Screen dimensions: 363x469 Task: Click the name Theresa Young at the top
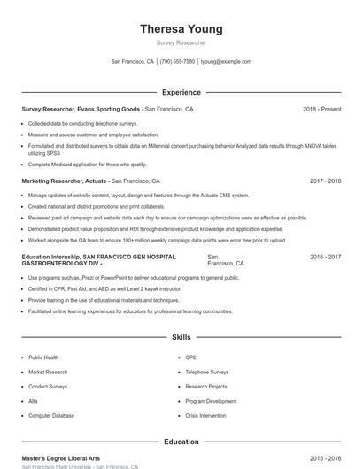[181, 29]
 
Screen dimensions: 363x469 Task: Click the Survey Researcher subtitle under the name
[181, 42]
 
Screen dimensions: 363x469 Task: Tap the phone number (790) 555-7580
[177, 62]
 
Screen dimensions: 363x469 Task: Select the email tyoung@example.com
[227, 62]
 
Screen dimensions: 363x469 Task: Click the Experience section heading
[181, 92]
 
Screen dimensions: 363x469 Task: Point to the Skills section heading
[181, 337]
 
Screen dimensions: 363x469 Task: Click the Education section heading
[181, 442]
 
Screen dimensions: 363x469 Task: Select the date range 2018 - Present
[321, 109]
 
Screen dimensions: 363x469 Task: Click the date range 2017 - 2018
[325, 181]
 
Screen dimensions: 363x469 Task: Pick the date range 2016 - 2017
[325, 257]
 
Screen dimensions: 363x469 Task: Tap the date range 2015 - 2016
[325, 458]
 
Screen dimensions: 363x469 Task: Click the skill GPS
[190, 358]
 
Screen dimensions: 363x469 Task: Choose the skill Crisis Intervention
[205, 415]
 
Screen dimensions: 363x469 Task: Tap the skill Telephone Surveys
[206, 372]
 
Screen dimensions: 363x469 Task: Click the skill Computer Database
[50, 415]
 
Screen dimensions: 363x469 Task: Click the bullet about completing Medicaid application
[88, 165]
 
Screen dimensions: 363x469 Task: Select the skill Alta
[33, 401]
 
